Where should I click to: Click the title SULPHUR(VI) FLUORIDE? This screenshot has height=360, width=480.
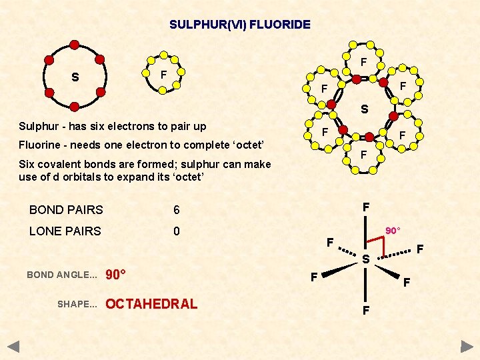coord(240,25)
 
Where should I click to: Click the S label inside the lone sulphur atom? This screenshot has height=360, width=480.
coord(75,77)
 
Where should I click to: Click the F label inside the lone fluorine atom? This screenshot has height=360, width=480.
coord(163,74)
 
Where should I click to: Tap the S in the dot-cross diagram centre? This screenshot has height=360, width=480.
coord(364,109)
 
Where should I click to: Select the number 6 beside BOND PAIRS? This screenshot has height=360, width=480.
coord(177,210)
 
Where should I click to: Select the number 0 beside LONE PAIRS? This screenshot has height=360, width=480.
coord(177,231)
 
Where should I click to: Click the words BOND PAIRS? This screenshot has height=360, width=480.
coord(66,210)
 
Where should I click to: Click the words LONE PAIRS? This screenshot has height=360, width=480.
coord(65,231)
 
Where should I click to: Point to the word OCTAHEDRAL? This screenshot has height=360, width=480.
coord(152,304)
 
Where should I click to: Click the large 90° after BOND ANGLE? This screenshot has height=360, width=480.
coord(117,275)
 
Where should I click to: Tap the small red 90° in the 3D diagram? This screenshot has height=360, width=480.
coord(393,231)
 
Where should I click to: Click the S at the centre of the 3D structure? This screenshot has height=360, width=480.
coord(366,259)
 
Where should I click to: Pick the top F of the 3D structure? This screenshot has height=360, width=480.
coord(366,207)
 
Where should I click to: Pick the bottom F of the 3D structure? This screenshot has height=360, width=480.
coord(366,310)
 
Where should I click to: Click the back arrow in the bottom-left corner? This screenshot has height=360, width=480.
coord(13,347)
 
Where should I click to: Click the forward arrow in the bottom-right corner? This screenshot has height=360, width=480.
coord(467,347)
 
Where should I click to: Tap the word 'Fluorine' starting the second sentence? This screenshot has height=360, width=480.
coord(38,145)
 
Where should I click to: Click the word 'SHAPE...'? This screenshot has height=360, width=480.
coord(77,304)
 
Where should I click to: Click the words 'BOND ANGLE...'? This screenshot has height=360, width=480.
coord(62,275)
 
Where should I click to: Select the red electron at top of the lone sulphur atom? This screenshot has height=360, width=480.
coord(75,45)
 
